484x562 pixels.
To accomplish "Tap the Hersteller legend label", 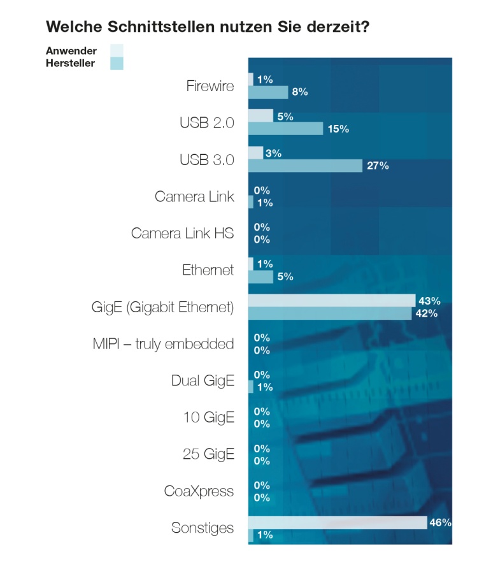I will (71, 63).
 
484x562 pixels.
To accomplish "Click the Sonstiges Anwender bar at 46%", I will (338, 522).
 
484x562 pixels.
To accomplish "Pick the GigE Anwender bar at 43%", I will (332, 300).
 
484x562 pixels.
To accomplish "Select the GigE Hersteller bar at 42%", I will (330, 313).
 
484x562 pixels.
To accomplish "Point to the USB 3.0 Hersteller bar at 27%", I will (305, 166).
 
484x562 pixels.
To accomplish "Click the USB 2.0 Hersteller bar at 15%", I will (285, 129).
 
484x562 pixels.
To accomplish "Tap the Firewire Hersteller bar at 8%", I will (268, 92).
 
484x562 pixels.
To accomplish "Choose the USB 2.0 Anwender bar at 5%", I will (260, 116).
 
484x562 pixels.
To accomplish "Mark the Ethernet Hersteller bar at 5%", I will (260, 277).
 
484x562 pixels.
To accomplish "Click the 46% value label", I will (441, 522).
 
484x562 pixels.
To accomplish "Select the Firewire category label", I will (210, 85).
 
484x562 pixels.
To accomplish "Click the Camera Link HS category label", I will (182, 233).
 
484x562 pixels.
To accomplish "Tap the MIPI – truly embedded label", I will (163, 344).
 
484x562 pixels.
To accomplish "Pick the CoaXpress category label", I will (199, 491).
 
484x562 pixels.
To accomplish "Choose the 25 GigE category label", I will (208, 454).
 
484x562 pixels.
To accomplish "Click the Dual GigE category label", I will (203, 381).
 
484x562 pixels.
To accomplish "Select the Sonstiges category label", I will (203, 528).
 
